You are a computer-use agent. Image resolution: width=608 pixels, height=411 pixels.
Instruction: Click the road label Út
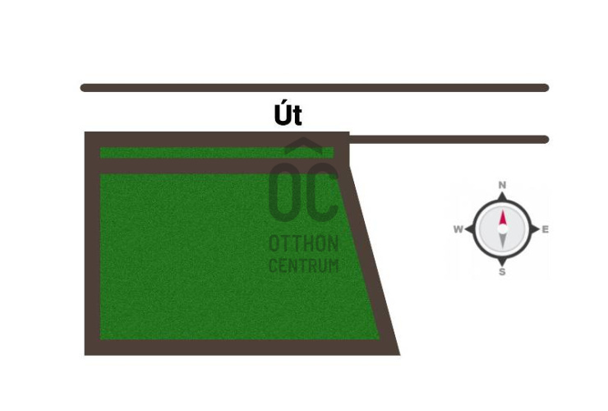[288, 115]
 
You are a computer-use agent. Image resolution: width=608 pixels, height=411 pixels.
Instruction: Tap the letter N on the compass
[502, 185]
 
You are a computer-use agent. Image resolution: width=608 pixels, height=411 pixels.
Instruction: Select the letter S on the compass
[502, 272]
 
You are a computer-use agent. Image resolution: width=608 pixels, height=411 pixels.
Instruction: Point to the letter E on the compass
[546, 229]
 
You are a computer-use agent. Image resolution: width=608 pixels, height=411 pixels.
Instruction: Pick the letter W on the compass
[458, 229]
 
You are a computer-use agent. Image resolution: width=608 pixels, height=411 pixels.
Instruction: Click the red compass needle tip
[503, 210]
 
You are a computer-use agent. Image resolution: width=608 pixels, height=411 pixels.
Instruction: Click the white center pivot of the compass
[503, 229]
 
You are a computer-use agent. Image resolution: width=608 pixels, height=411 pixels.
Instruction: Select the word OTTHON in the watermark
[304, 244]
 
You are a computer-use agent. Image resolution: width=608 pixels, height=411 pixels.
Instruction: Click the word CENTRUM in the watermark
[304, 266]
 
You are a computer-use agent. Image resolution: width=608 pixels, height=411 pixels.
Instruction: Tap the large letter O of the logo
[285, 192]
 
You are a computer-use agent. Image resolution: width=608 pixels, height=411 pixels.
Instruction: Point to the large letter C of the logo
[322, 192]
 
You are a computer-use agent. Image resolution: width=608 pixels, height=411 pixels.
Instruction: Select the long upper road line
[315, 88]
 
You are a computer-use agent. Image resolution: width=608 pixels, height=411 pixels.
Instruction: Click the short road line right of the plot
[449, 139]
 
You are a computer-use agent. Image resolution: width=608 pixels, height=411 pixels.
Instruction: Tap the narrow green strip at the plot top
[217, 153]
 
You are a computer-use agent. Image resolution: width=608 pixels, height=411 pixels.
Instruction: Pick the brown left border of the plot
[92, 243]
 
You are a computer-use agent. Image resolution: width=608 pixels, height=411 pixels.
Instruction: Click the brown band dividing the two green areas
[219, 166]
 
